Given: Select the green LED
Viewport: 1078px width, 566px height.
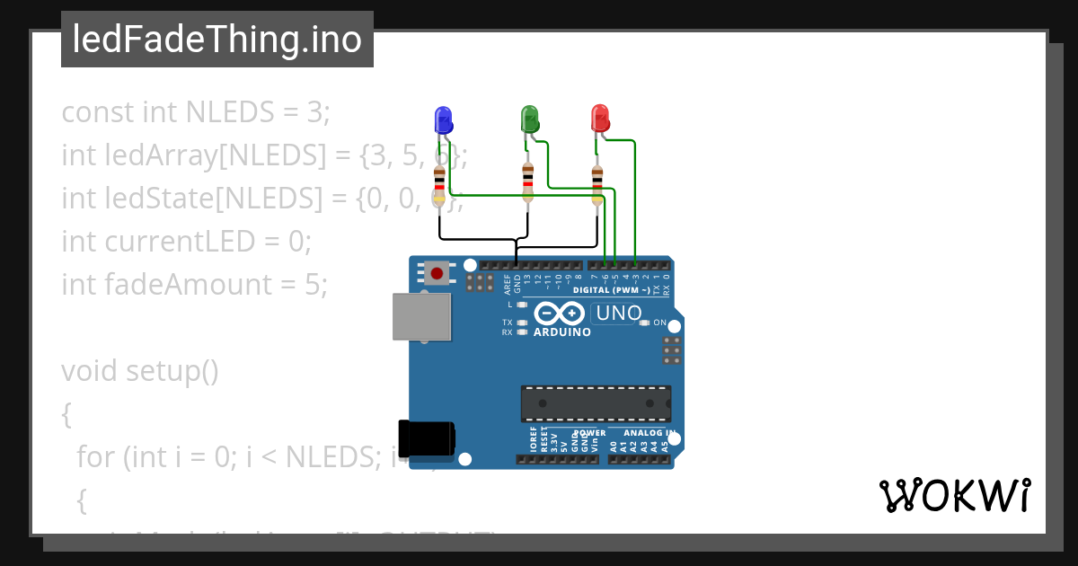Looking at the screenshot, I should [x=529, y=119].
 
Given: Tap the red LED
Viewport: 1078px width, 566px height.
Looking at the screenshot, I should [x=599, y=119].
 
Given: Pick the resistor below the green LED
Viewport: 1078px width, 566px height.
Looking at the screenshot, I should [x=527, y=182].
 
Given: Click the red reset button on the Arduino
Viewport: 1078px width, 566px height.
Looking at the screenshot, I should [x=437, y=272].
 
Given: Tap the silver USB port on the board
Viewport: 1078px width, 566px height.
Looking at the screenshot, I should [x=421, y=316].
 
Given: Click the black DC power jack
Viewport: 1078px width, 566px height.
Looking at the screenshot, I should [x=426, y=438].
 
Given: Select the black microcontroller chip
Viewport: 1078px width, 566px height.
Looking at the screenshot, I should [x=596, y=403].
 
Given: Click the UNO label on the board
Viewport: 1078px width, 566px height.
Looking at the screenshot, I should [x=619, y=313].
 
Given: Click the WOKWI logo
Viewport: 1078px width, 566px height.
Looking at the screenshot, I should [x=954, y=495].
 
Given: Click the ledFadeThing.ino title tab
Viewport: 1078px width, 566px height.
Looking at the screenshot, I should [x=217, y=40].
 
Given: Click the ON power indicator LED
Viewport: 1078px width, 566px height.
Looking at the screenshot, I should [x=644, y=323].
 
